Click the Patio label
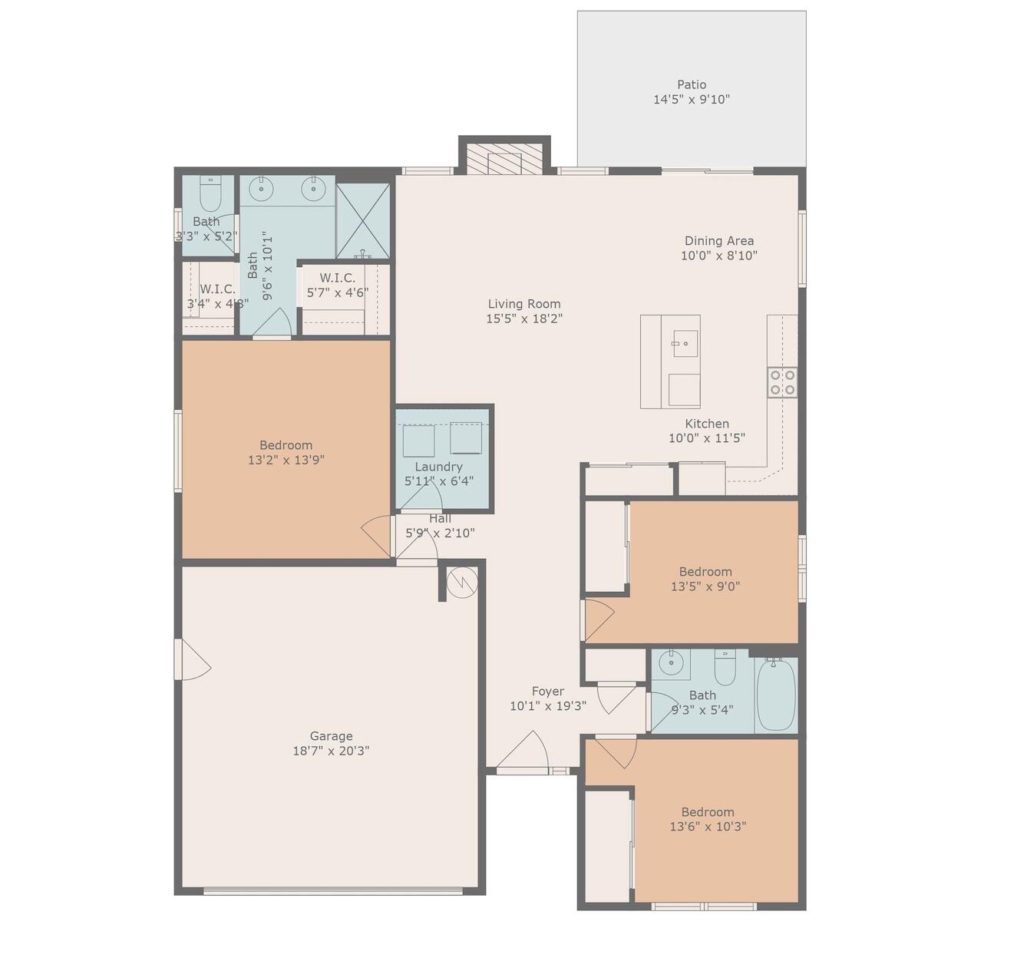tap(691, 84)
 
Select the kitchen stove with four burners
tap(781, 382)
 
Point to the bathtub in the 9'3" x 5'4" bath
tap(776, 695)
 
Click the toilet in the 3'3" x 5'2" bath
tap(210, 195)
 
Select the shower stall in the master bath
tap(363, 221)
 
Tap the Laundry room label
tap(438, 467)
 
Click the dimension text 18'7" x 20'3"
tap(331, 751)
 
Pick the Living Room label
tap(524, 304)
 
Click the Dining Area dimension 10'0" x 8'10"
tap(718, 256)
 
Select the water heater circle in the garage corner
tap(462, 583)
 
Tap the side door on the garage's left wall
tap(192, 660)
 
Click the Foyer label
tap(547, 691)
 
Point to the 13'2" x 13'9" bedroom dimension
tap(286, 461)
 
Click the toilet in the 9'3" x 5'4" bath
tap(725, 668)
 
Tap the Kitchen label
tap(706, 424)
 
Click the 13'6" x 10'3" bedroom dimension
tap(707, 827)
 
